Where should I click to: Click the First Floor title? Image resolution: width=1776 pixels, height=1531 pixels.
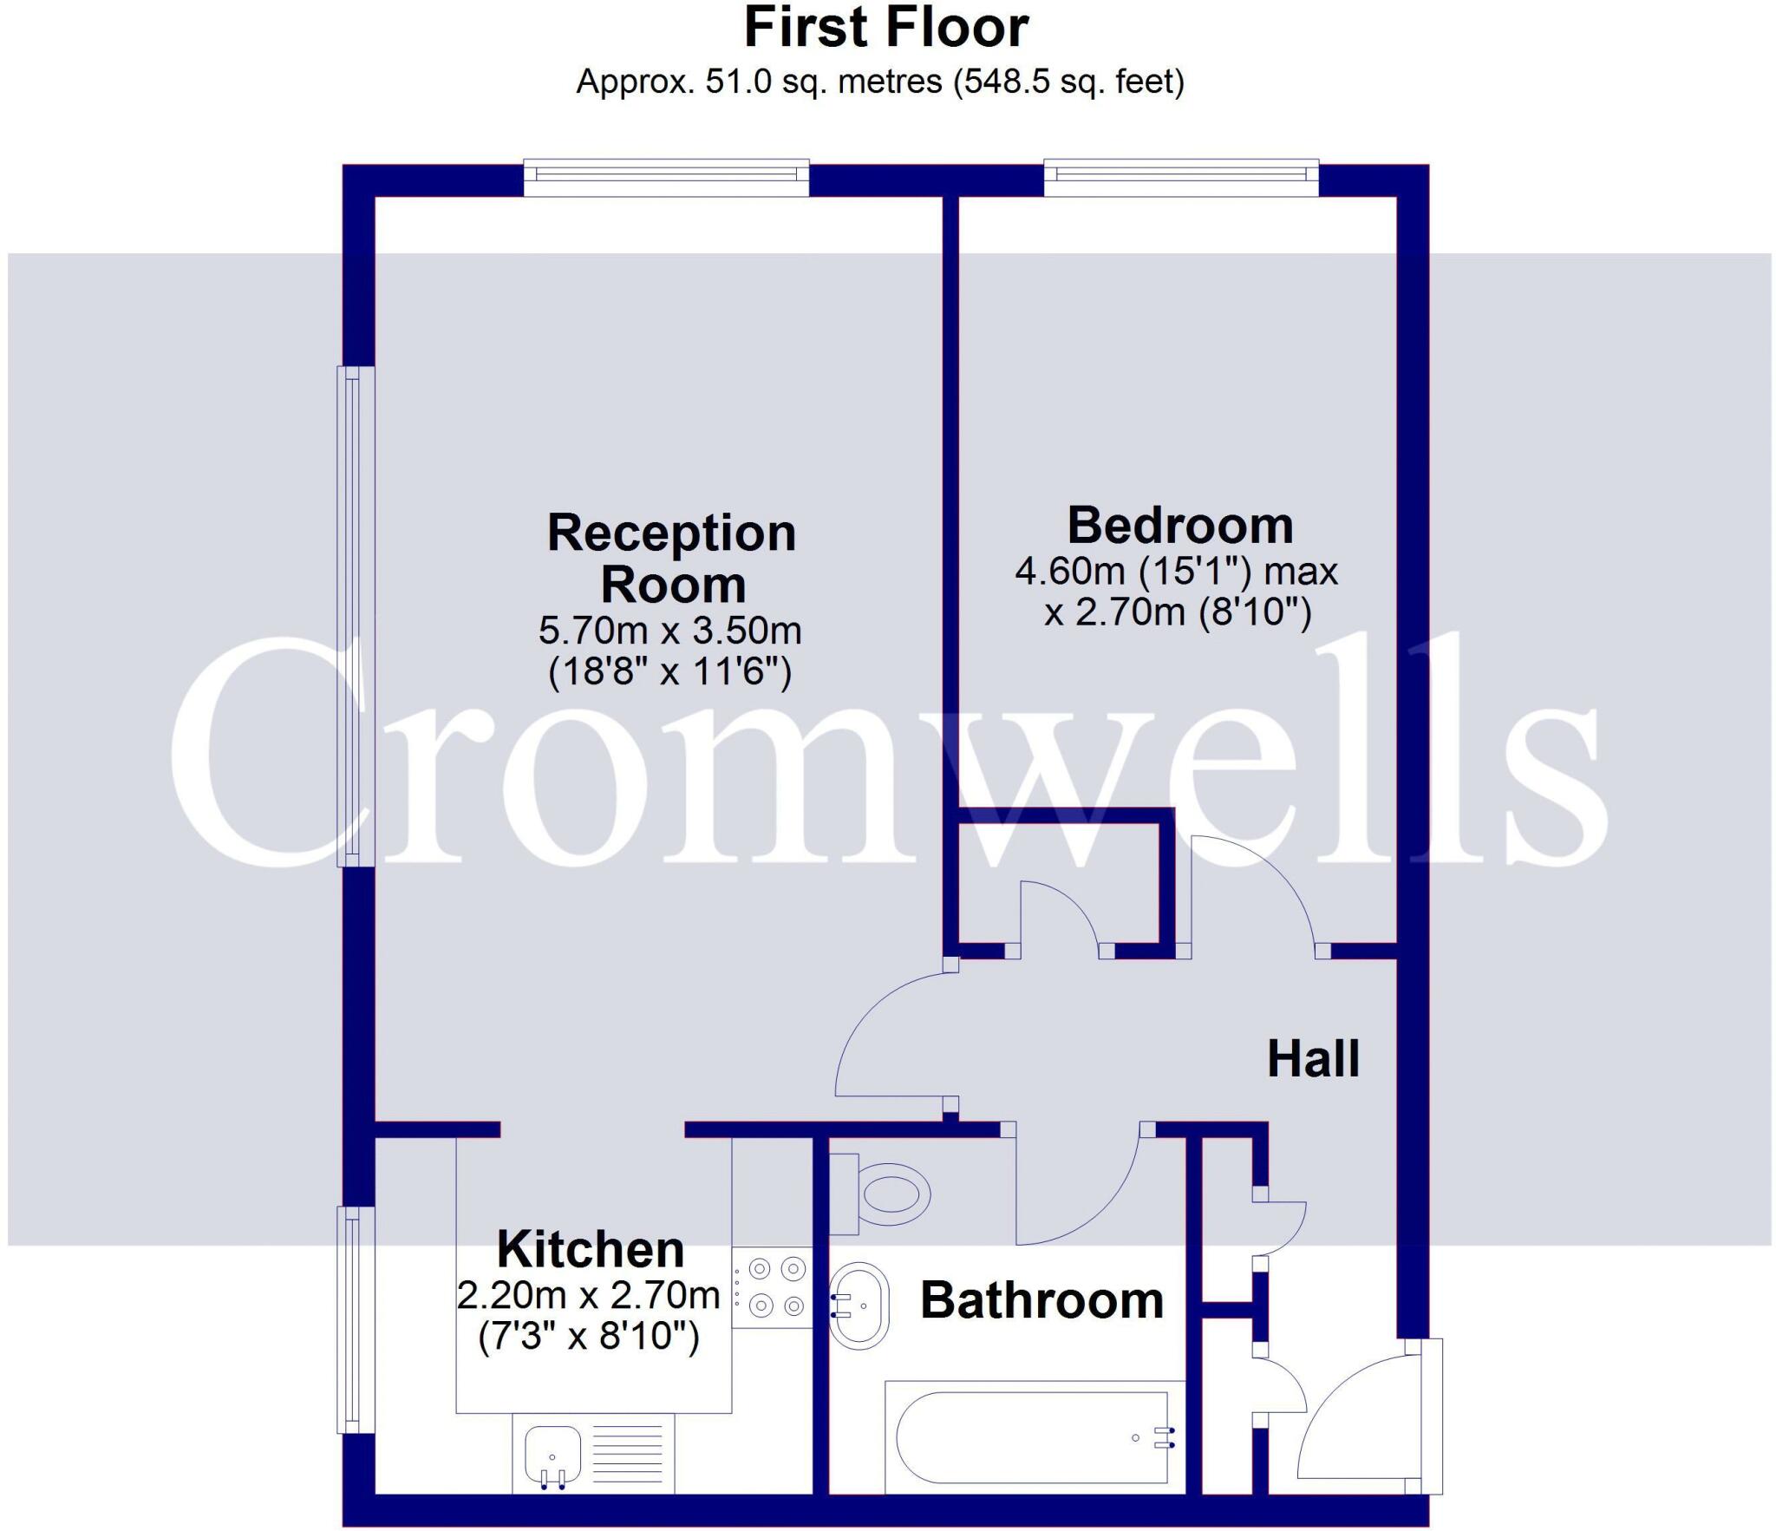(x=885, y=28)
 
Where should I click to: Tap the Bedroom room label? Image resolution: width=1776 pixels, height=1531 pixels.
(x=1179, y=526)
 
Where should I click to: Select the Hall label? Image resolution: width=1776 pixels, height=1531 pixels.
(x=1313, y=1059)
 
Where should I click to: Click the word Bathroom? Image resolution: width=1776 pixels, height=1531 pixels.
(x=1041, y=1300)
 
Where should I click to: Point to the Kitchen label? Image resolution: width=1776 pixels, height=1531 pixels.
(x=591, y=1250)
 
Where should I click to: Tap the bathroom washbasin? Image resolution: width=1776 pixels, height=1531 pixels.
(x=859, y=1305)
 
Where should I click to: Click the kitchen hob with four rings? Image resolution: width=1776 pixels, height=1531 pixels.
(x=775, y=1287)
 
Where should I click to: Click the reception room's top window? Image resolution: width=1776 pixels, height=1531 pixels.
(x=666, y=176)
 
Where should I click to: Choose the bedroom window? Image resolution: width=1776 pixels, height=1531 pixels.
(x=1181, y=176)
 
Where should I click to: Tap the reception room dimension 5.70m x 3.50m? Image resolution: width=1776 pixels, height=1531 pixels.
(x=670, y=631)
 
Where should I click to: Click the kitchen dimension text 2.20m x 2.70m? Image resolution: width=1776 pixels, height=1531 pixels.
(x=589, y=1295)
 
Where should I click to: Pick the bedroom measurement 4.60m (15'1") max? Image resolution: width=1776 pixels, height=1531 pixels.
(x=1177, y=572)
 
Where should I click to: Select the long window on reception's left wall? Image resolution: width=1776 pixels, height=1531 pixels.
(x=354, y=616)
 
